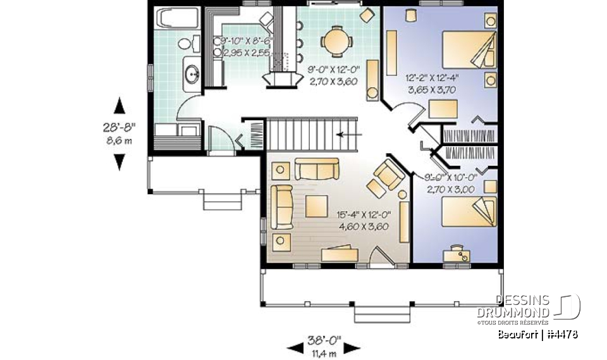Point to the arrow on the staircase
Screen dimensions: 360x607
click(349, 134)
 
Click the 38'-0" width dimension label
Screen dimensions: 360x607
click(323, 339)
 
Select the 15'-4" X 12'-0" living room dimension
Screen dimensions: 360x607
click(363, 221)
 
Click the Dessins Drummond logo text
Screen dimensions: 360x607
click(522, 306)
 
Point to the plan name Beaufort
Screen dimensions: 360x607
click(517, 334)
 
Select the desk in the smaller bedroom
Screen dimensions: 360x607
click(460, 255)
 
